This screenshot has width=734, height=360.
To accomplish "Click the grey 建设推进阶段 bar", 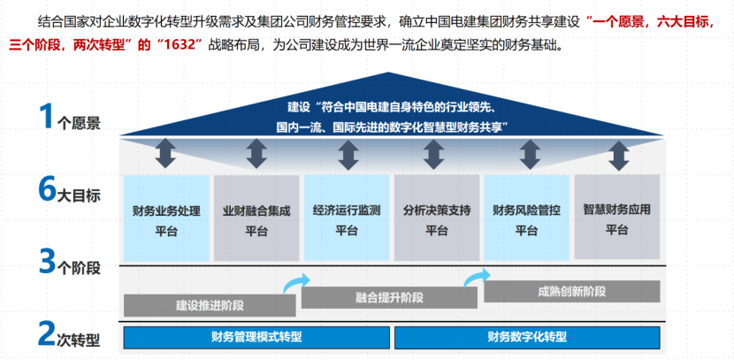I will [x=210, y=305].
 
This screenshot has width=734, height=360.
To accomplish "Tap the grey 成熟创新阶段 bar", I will [x=571, y=291].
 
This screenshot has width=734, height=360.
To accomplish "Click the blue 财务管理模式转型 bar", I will [x=256, y=337].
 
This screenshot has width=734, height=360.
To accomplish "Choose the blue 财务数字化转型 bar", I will [x=527, y=337].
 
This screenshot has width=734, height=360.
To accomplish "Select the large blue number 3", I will [x=48, y=261].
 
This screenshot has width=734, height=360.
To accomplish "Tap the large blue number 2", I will [x=48, y=334].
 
